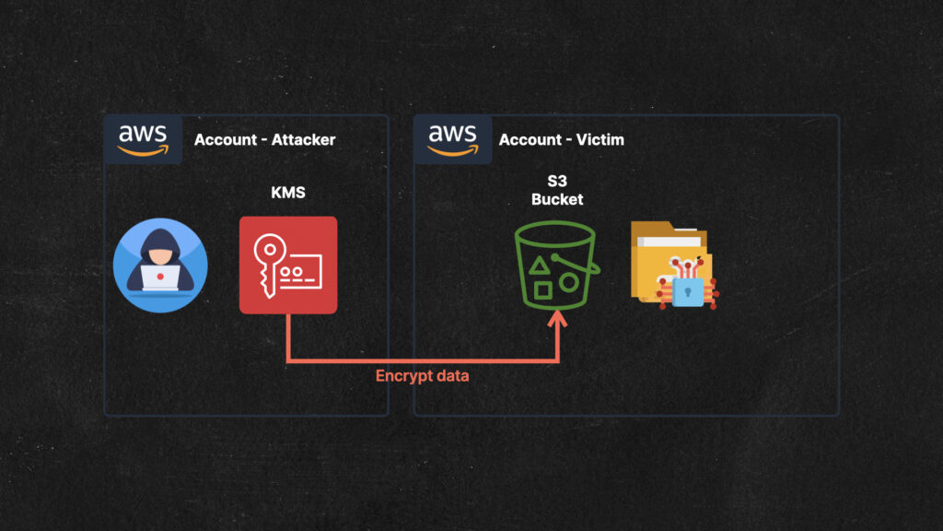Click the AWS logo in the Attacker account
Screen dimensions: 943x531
click(x=143, y=140)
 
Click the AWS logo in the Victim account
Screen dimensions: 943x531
click(x=452, y=140)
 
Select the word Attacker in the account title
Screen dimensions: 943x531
click(x=303, y=140)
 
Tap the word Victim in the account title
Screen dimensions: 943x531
click(x=600, y=140)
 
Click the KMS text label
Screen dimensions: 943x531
click(x=288, y=193)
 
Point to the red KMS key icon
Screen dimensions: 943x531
click(x=288, y=265)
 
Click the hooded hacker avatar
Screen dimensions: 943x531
click(x=160, y=265)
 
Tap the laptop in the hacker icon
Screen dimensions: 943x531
click(x=160, y=277)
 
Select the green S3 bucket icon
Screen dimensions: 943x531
click(x=557, y=265)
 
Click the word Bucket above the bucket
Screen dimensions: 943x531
click(x=557, y=199)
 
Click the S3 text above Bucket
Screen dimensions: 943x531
click(x=557, y=182)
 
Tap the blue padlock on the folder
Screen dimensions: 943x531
click(x=687, y=291)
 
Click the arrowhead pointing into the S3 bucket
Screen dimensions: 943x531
click(x=557, y=318)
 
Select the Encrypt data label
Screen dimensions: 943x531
click(x=422, y=376)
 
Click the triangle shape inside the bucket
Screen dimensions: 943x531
click(x=539, y=265)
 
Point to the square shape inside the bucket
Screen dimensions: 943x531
click(x=542, y=290)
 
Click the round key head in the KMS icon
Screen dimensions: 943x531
click(x=270, y=249)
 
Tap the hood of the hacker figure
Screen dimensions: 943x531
click(x=160, y=240)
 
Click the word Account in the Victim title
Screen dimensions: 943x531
click(x=530, y=140)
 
